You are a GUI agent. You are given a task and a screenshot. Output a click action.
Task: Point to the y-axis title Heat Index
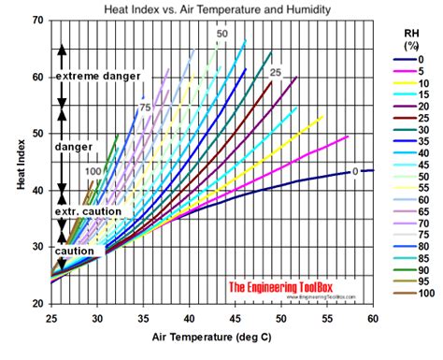pyautogui.click(x=21, y=165)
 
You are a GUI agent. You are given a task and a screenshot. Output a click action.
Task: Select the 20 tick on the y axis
pyautogui.click(x=36, y=304)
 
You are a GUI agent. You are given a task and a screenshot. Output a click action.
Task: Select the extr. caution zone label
pyautogui.click(x=89, y=211)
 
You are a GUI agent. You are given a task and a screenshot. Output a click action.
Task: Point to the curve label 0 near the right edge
pyautogui.click(x=355, y=171)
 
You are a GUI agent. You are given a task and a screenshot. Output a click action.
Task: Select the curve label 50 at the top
pyautogui.click(x=221, y=35)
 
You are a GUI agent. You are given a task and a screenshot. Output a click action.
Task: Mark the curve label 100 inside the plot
pyautogui.click(x=93, y=172)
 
